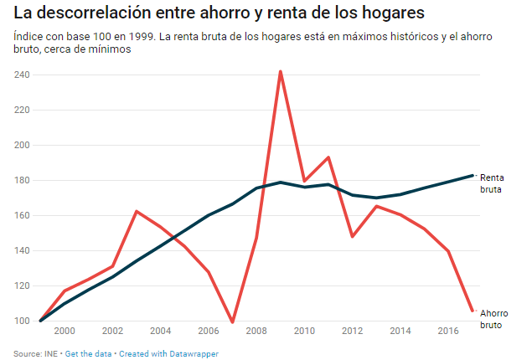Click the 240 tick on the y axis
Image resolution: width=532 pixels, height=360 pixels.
point(22,75)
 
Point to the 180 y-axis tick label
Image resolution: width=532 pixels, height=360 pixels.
point(22,181)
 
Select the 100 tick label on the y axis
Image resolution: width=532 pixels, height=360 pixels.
point(22,321)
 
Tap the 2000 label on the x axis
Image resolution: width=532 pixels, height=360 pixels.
point(65,332)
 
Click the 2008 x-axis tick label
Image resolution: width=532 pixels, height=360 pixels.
point(256,332)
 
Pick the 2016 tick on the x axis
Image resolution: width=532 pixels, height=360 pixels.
point(448,332)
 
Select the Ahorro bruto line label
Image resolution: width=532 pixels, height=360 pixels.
point(493,319)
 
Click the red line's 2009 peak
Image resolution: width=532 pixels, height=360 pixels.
point(280,71)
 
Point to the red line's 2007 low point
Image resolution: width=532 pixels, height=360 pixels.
point(232,322)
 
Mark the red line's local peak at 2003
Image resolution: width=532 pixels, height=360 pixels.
point(137,211)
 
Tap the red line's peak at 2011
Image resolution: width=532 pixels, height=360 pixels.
point(328,157)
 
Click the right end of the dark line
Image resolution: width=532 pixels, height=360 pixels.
point(473,175)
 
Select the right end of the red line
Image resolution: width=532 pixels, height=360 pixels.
point(473,311)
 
